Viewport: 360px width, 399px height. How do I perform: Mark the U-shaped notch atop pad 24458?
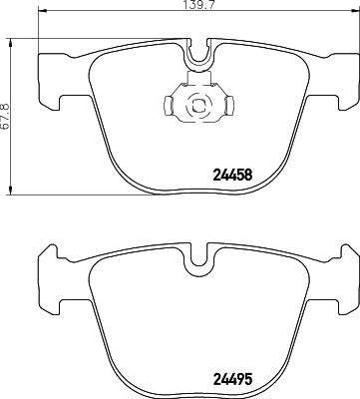pyautogui.click(x=198, y=56)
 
